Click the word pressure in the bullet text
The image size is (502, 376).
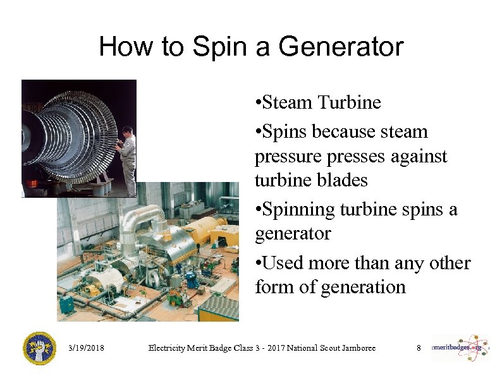click(x=285, y=156)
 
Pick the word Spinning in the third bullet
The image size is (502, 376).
click(x=298, y=209)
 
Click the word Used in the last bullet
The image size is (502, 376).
click(x=278, y=262)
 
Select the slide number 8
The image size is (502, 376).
click(x=418, y=348)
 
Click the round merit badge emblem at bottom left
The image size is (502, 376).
click(x=39, y=348)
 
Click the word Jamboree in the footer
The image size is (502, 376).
click(x=357, y=348)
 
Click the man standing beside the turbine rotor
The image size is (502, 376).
click(x=128, y=160)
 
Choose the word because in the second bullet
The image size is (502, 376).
click(x=341, y=132)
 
